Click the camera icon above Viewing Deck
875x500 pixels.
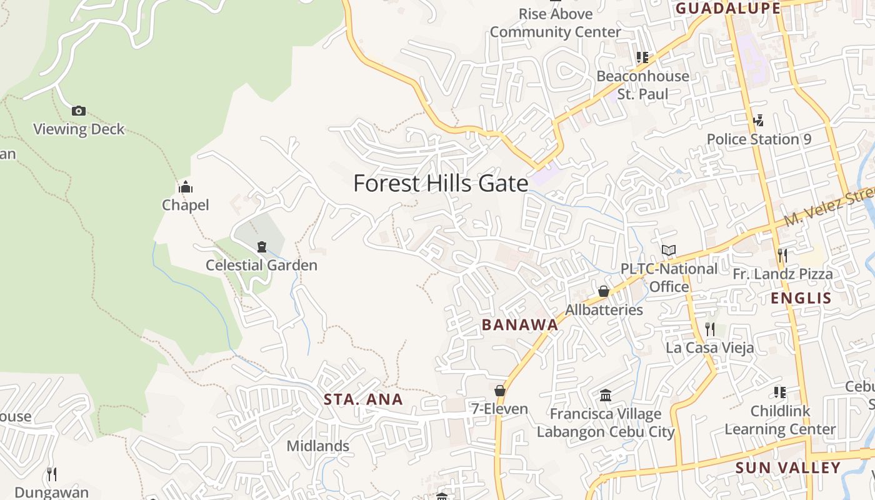pos(78,111)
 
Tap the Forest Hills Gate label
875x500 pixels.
pos(441,184)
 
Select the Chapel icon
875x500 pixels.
pos(185,187)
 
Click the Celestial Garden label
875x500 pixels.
pos(261,265)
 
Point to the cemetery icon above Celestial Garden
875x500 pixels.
pos(261,247)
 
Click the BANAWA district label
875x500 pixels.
pos(519,324)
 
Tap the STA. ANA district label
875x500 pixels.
pos(363,399)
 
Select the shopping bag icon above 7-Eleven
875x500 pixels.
pos(499,391)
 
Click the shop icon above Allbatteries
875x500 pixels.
pos(603,291)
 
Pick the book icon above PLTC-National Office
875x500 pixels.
pos(669,251)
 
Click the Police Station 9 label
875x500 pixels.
pos(759,139)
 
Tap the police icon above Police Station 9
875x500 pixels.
pos(759,120)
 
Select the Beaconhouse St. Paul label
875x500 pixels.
pos(642,85)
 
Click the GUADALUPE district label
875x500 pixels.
pos(728,8)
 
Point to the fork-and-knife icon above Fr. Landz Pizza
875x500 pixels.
pos(782,256)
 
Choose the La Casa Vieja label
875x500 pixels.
pos(709,347)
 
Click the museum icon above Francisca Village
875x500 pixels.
pos(605,395)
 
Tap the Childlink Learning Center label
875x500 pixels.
pos(780,420)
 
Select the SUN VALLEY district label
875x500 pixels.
pos(787,467)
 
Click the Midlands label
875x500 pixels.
pos(317,446)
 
